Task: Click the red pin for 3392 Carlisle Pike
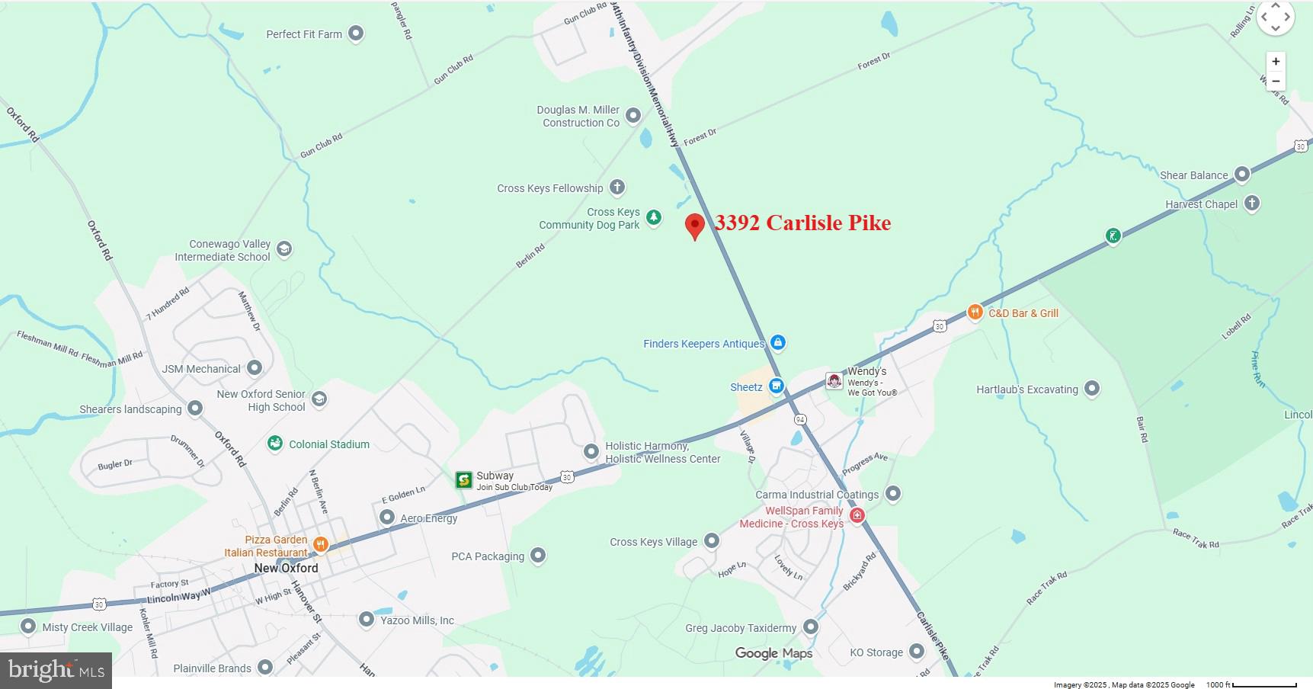(x=694, y=226)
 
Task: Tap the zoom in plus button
(x=1276, y=62)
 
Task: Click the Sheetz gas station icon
(x=776, y=386)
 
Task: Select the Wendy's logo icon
(x=834, y=380)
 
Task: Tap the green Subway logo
(x=463, y=479)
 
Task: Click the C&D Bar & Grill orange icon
(x=975, y=312)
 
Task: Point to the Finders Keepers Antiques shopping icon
(x=777, y=343)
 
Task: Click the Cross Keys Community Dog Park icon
(x=653, y=218)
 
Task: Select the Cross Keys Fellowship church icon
(x=617, y=187)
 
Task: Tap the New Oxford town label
(x=286, y=568)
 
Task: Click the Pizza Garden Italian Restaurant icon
(x=321, y=544)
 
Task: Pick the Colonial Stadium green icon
(x=275, y=444)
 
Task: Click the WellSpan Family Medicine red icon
(x=857, y=516)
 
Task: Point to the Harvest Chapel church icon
(x=1251, y=203)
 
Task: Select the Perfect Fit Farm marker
(x=356, y=34)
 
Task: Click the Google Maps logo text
(x=773, y=653)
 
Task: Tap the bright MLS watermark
(x=56, y=671)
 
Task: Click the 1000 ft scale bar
(x=1264, y=684)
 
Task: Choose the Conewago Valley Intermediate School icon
(x=284, y=249)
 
